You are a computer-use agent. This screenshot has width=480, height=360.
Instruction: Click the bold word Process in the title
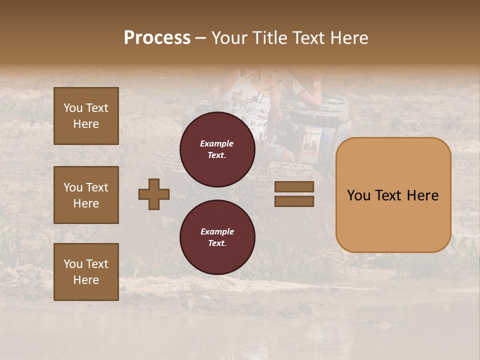click(x=157, y=37)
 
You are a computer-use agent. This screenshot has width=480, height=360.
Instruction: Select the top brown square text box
click(x=86, y=116)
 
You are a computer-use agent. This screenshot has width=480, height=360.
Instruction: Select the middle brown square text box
click(x=86, y=195)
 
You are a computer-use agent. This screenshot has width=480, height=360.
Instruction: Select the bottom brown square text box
click(x=86, y=271)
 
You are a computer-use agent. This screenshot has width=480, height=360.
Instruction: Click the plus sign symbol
click(x=154, y=194)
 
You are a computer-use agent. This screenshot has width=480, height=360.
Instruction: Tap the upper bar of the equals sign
click(x=294, y=187)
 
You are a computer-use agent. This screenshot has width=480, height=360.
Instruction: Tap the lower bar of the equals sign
click(x=294, y=201)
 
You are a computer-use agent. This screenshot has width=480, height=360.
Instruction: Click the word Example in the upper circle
click(x=217, y=143)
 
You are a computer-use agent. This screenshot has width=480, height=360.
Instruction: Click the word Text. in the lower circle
click(x=217, y=243)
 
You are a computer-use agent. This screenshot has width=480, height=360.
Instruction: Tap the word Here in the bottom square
click(x=86, y=280)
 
